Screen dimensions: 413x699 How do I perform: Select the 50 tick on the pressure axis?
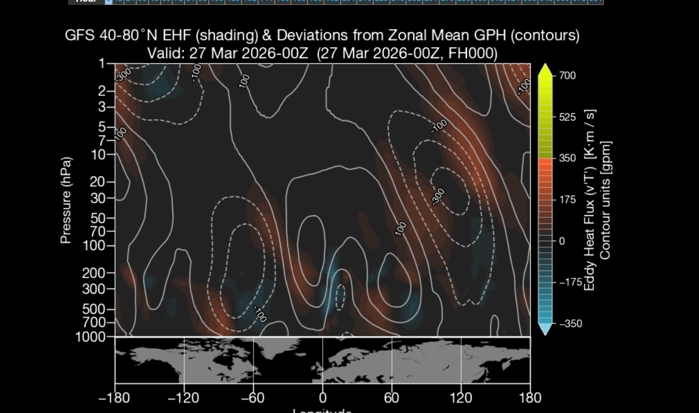pos(102,217)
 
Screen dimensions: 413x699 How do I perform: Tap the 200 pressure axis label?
pos(99,273)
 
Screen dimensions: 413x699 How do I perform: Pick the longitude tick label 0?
pos(322,398)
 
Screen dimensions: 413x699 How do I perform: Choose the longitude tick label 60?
pos(392,398)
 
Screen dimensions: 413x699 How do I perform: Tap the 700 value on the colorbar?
pos(567,75)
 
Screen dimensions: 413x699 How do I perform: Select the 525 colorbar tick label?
pos(567,117)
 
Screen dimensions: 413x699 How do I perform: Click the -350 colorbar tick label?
pos(570,324)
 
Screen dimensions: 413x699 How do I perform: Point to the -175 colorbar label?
pos(570,282)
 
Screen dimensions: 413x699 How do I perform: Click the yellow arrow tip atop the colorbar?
pos(545,68)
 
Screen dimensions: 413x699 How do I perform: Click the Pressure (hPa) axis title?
pos(66,200)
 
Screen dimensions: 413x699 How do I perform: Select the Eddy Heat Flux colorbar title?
pos(589,200)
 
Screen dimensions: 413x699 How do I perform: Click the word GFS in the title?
pos(79,36)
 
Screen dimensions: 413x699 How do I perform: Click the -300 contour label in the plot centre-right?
pos(438,196)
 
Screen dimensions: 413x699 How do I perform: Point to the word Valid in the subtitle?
pos(165,54)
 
